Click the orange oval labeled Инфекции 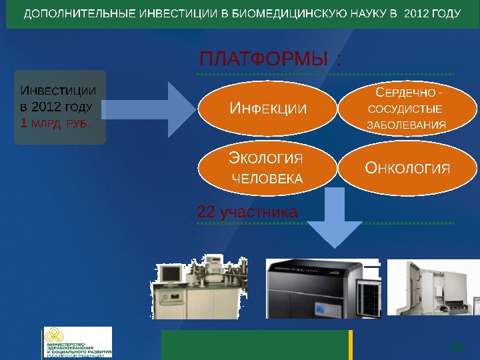click(268, 108)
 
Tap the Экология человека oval click(267, 168)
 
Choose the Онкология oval click(407, 167)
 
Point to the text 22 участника click(247, 213)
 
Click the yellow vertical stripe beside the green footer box click(351, 344)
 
